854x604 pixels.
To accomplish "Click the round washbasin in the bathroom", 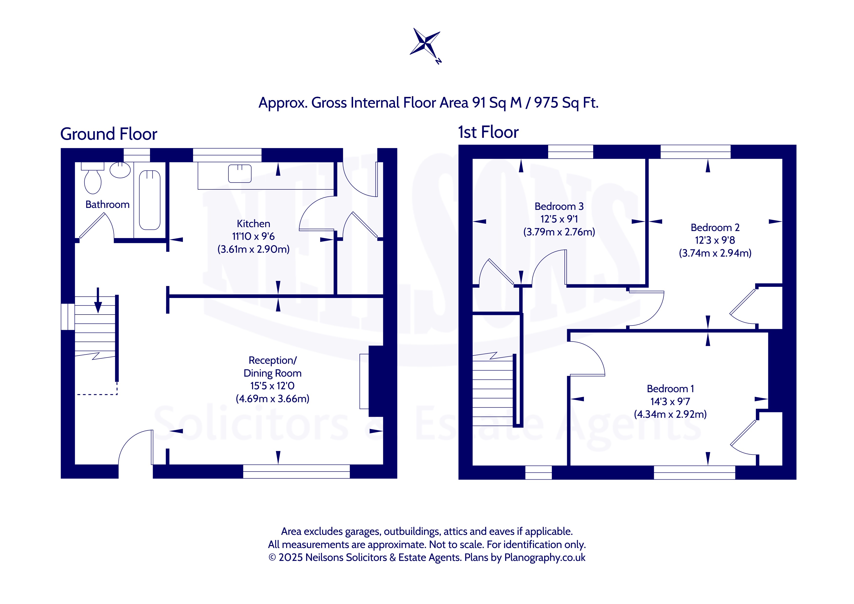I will click(120, 170).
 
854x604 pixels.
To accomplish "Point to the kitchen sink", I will click(240, 173).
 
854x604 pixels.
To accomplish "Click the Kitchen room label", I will click(253, 223).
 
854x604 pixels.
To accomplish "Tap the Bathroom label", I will click(107, 204).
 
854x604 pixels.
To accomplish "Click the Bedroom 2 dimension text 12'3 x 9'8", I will click(715, 240).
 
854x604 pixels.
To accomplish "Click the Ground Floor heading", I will click(109, 134).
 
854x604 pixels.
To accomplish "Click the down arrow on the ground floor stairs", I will click(98, 300).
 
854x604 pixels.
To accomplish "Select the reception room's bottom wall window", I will click(296, 472).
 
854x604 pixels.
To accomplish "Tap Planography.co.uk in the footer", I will click(544, 558).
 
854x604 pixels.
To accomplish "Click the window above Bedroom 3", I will click(570, 152).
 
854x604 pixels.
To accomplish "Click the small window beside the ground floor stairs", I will click(68, 317).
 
